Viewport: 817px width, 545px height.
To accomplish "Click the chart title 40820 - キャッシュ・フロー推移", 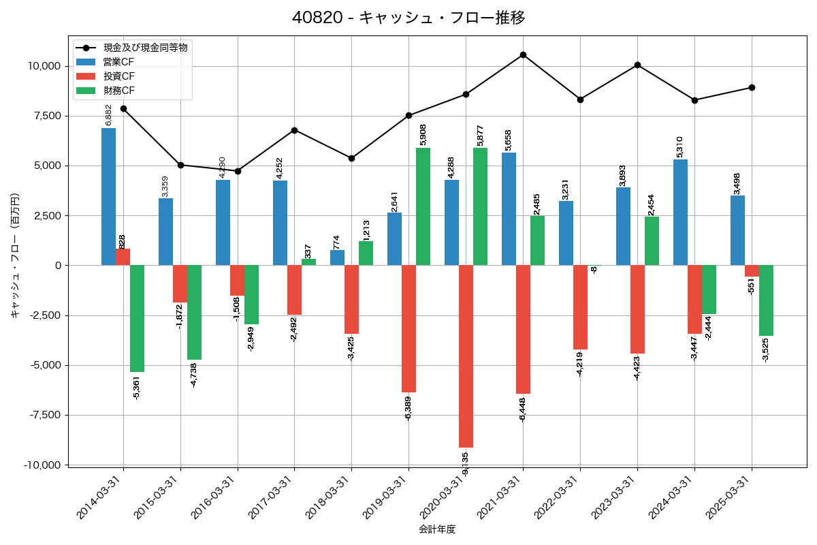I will tap(408, 17).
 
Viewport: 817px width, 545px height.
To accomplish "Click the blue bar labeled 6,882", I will tap(108, 196).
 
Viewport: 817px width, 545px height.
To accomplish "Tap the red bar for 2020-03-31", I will tap(466, 356).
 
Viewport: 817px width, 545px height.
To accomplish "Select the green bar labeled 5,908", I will tap(423, 206).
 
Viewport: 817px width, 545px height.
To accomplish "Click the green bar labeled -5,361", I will tap(137, 318).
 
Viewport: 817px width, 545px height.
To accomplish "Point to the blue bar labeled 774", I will tap(337, 258).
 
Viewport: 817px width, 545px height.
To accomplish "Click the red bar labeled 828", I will tap(123, 257).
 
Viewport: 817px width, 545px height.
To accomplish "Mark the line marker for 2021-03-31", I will tap(523, 54).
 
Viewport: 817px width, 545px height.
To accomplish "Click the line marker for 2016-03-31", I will tap(238, 171).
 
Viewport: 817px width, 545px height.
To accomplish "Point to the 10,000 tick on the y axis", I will tap(42, 66).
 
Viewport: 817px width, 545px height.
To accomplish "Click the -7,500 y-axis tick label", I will tap(42, 415).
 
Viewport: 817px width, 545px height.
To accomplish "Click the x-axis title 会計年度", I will tap(437, 529).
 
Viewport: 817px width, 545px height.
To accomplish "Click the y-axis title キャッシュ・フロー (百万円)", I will tap(15, 255).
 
